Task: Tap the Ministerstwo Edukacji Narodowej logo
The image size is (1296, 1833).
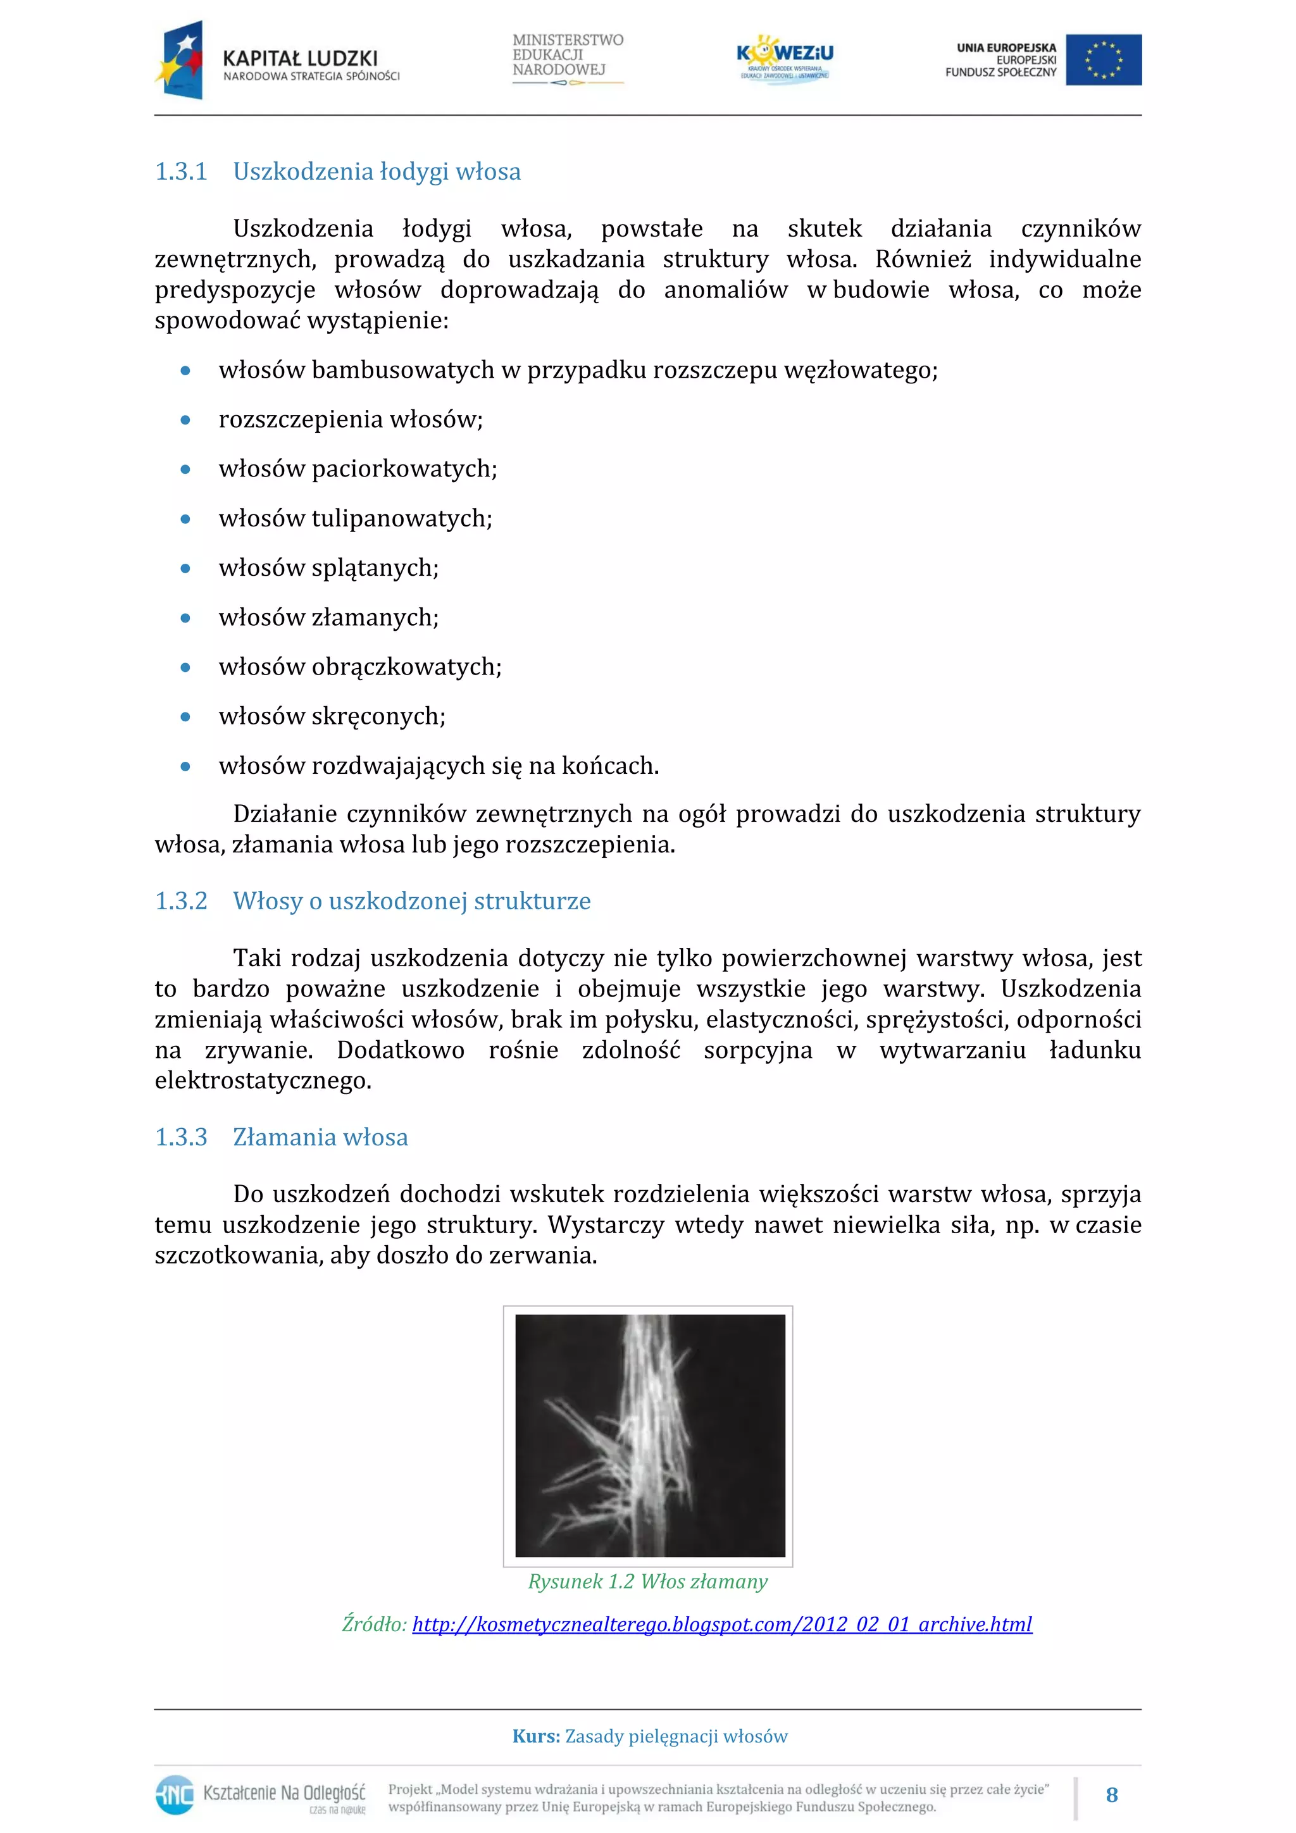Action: pyautogui.click(x=567, y=58)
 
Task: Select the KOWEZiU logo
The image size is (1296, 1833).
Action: pyautogui.click(x=784, y=58)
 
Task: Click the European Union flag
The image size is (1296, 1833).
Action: pyautogui.click(x=1103, y=60)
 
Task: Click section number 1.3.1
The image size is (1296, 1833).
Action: pyautogui.click(x=180, y=171)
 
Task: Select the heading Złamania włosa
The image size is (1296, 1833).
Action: pyautogui.click(x=320, y=1137)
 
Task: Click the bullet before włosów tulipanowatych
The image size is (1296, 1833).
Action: pyautogui.click(x=185, y=519)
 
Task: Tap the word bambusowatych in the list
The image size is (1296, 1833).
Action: pyautogui.click(x=402, y=370)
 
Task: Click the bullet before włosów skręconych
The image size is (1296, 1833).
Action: pyautogui.click(x=185, y=717)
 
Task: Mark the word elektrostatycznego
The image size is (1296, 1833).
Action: pyautogui.click(x=263, y=1081)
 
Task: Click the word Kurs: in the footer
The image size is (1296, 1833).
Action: pyautogui.click(x=536, y=1736)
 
